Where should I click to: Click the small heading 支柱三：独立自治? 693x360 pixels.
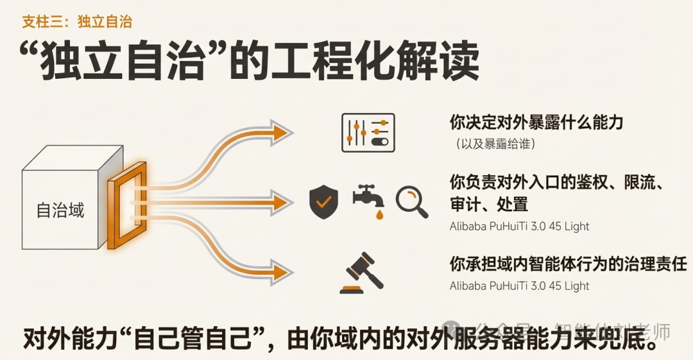[77, 22]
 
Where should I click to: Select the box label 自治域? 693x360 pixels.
[60, 210]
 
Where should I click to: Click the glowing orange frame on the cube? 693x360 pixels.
[127, 205]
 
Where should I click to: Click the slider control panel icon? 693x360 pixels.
[368, 132]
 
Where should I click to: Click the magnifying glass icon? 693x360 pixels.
[411, 201]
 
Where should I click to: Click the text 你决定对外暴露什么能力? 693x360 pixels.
[536, 122]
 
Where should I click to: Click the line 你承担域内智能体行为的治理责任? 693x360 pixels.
[569, 264]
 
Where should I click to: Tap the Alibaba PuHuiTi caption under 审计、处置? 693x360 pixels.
[519, 227]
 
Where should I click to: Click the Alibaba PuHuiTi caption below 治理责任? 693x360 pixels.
[519, 286]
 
